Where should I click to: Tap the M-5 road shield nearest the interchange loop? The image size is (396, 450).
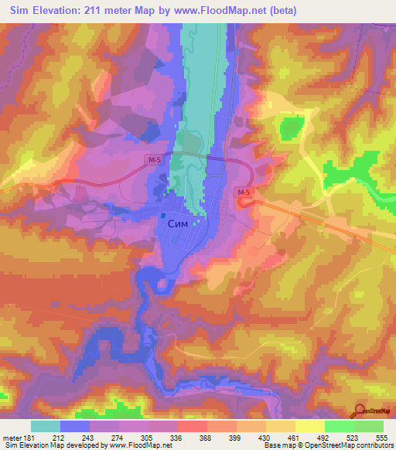[244, 192]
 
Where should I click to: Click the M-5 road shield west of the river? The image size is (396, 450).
[153, 159]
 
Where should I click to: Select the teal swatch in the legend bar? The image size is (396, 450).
[46, 426]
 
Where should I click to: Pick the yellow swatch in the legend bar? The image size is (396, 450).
[310, 426]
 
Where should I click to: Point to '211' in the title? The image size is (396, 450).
[99, 12]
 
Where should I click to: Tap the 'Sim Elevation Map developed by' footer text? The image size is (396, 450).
[55, 445]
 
